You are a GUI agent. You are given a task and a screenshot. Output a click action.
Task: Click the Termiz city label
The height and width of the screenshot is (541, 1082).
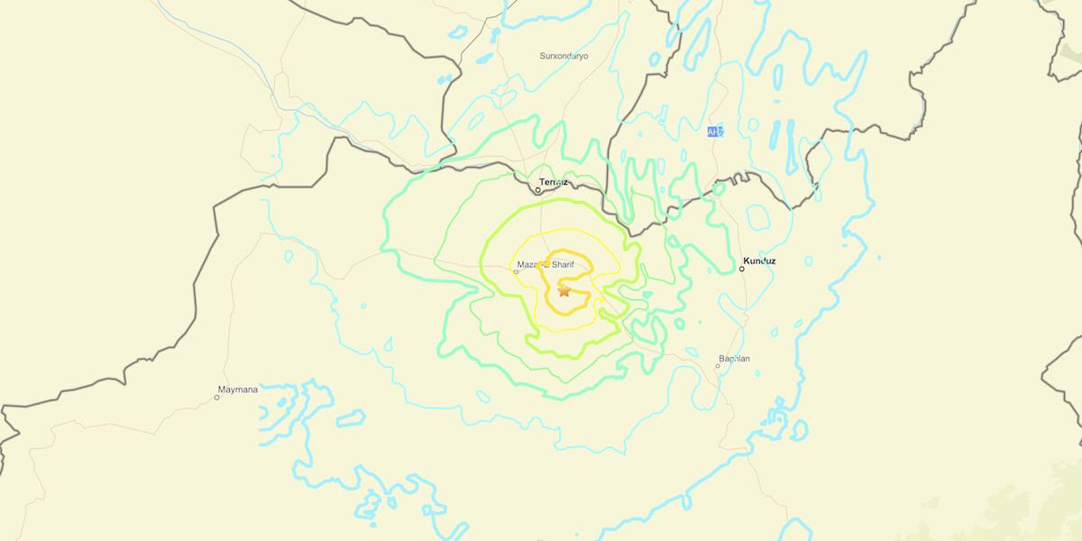554,182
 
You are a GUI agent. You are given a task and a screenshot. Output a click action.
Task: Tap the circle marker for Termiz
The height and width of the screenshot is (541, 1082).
538,190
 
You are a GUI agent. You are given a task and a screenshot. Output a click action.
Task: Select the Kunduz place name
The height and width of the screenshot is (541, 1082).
758,261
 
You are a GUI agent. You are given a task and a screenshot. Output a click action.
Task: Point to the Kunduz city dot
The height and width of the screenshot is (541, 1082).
742,268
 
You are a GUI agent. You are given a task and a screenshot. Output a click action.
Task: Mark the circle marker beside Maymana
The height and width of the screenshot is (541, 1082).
217,397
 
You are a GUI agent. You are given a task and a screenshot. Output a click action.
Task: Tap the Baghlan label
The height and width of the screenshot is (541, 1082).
734,359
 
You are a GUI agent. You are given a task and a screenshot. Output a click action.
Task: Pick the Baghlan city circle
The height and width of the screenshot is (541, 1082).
719,366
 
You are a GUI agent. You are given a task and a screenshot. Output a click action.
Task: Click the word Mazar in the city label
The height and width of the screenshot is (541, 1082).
529,264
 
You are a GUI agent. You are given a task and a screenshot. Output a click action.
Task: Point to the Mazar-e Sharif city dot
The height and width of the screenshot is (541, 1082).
517,271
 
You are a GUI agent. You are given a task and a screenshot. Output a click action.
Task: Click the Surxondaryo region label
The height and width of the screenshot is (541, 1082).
564,56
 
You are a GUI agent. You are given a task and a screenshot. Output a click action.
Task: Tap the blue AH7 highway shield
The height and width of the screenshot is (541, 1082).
715,133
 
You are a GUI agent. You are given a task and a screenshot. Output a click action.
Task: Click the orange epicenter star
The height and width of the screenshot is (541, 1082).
564,290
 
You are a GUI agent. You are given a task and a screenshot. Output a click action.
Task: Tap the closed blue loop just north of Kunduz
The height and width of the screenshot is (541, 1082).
758,217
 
